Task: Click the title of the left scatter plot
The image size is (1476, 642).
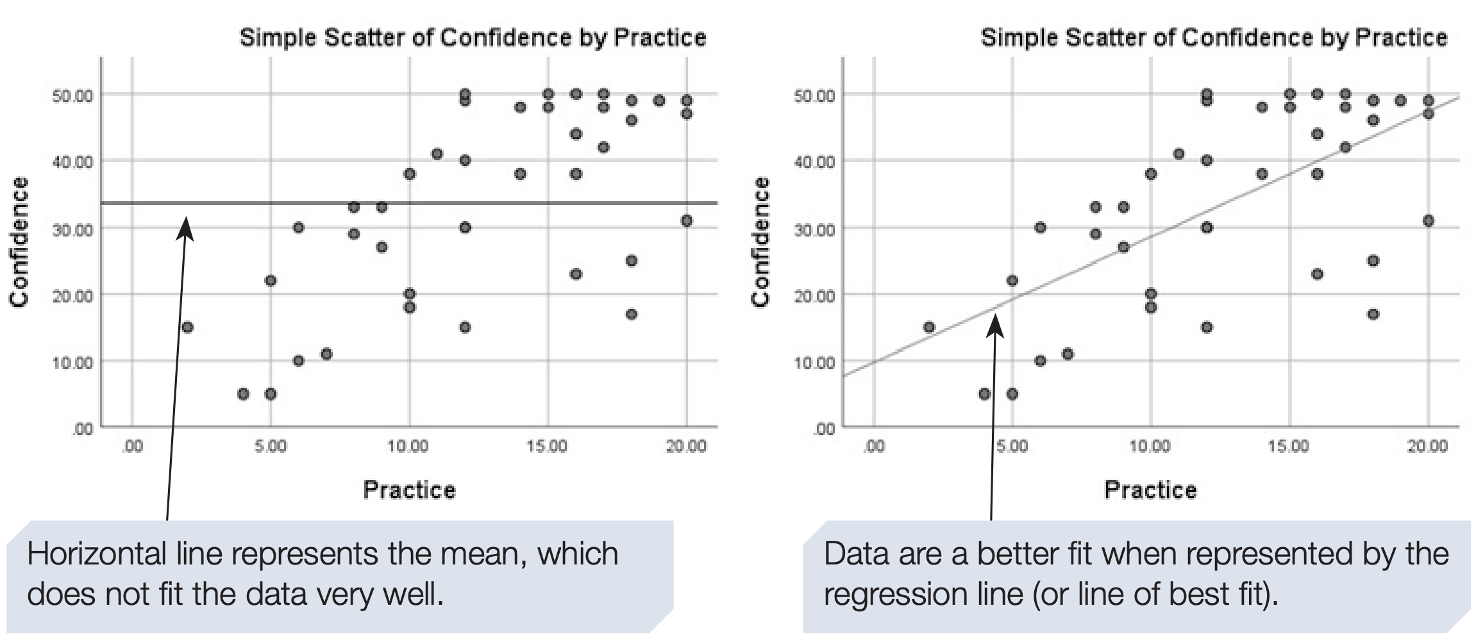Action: pyautogui.click(x=473, y=38)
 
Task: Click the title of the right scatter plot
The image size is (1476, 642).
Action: pyautogui.click(x=1214, y=38)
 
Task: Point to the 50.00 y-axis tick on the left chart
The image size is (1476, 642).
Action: pyautogui.click(x=72, y=96)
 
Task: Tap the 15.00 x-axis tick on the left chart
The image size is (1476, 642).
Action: pyautogui.click(x=548, y=446)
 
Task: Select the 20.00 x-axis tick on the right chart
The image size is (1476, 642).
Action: pyautogui.click(x=1427, y=446)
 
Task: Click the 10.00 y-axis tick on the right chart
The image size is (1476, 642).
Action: pyautogui.click(x=814, y=363)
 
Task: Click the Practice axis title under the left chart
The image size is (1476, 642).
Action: pyautogui.click(x=409, y=490)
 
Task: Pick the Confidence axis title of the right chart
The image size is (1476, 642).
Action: pyautogui.click(x=760, y=242)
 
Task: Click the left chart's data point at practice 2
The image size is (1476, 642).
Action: pyautogui.click(x=187, y=327)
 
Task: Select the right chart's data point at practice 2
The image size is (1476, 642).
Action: pyautogui.click(x=929, y=327)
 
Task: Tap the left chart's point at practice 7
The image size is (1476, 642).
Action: pyautogui.click(x=326, y=354)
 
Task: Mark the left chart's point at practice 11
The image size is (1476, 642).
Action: pyautogui.click(x=437, y=154)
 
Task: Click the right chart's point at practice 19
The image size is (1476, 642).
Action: pyautogui.click(x=1400, y=101)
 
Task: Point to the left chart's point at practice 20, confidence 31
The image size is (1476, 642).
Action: pyautogui.click(x=687, y=220)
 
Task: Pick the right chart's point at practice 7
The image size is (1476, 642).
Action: pyautogui.click(x=1068, y=354)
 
